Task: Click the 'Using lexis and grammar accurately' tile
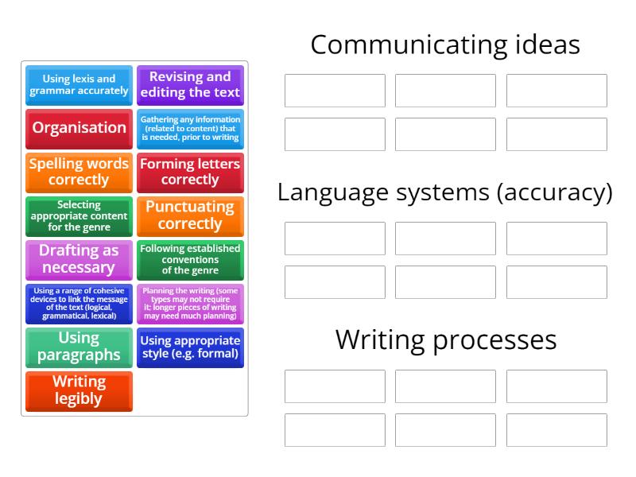tap(79, 85)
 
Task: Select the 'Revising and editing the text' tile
tap(190, 85)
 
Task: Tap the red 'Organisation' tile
tap(79, 129)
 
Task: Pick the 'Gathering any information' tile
tap(190, 129)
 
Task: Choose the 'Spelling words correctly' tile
tap(79, 173)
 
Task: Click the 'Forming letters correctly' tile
tap(190, 173)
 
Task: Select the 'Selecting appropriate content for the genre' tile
tap(79, 216)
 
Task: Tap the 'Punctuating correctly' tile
tap(190, 216)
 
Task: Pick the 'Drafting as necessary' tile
tap(79, 260)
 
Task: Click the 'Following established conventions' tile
tap(190, 260)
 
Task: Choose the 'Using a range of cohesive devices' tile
tap(79, 304)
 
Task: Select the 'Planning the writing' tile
tap(190, 304)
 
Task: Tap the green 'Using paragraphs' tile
tap(79, 347)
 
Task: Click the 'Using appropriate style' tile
tap(190, 347)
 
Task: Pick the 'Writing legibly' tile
tap(79, 391)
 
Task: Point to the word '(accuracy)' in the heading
tap(555, 193)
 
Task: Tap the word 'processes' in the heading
tap(494, 342)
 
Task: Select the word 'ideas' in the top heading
tap(548, 45)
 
